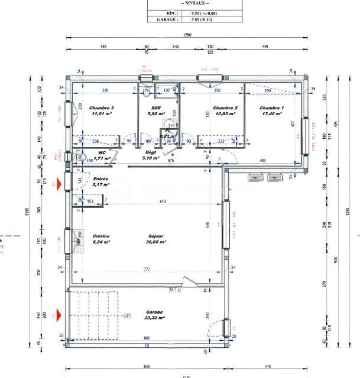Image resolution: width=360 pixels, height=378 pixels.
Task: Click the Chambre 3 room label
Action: coord(102,108)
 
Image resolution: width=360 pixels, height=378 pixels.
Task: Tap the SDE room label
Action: coord(156,108)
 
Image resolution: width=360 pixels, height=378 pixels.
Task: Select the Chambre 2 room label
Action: coord(225,108)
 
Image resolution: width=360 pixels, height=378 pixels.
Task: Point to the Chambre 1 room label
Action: coord(273,108)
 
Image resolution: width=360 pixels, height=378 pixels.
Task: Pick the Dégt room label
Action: coord(151,152)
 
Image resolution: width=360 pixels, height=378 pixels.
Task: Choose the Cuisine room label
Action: coord(101,236)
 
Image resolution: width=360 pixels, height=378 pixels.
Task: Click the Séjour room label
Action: coord(157,236)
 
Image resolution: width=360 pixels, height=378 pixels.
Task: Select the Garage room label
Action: coord(155,312)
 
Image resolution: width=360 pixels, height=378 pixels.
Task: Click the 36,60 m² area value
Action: coord(157,242)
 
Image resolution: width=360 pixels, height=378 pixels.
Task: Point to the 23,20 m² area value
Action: coord(155,318)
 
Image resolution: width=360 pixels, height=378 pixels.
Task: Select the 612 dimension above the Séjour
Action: coord(163,202)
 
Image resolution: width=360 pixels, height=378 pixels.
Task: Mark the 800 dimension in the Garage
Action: coord(147,338)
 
